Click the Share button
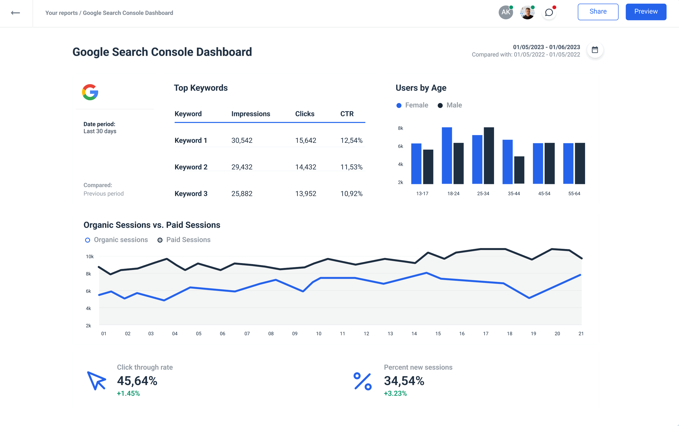tap(598, 12)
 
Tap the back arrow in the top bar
tap(15, 13)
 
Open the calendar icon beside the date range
tap(595, 50)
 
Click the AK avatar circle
tap(505, 12)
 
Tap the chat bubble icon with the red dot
tap(549, 12)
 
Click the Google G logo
tap(90, 92)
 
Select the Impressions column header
tap(251, 114)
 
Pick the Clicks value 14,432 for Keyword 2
tap(305, 167)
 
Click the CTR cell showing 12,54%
tap(351, 140)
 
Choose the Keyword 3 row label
tap(191, 193)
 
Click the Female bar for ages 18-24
tap(446, 155)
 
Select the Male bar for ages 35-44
tap(519, 170)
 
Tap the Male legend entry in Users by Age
tap(450, 105)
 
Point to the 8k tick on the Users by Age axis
tap(400, 128)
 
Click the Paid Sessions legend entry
tap(184, 240)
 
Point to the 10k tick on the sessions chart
tap(89, 256)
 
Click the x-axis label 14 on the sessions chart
tap(414, 334)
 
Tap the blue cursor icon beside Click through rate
tap(96, 381)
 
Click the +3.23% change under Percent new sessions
tap(395, 393)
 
